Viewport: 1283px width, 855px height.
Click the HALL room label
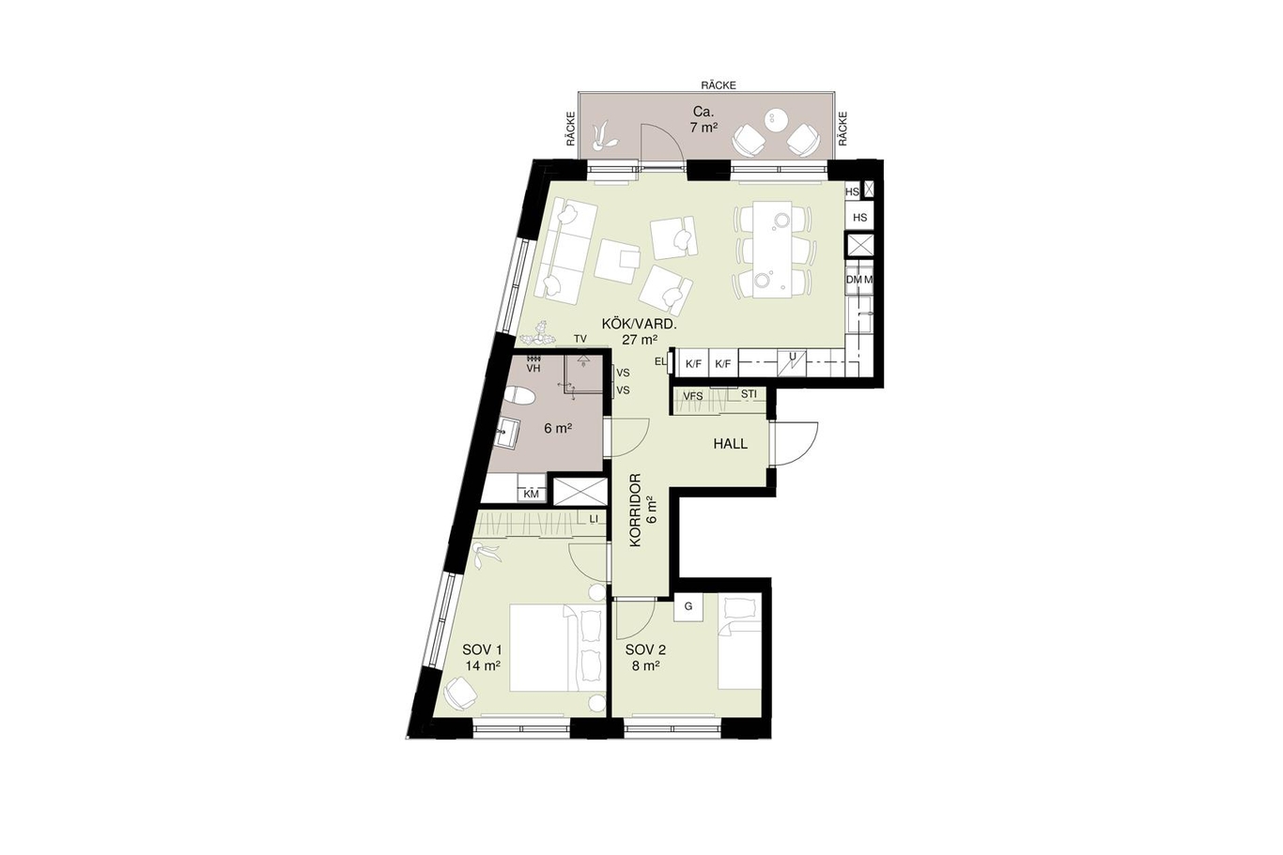coord(731,444)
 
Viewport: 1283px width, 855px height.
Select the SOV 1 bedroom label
coord(482,650)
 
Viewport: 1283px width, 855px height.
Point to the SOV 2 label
coord(645,650)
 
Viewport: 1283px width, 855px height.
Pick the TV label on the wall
coord(580,339)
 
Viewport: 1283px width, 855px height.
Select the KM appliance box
coord(531,494)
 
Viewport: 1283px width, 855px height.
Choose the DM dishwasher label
coord(854,280)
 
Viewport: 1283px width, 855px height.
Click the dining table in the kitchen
coord(773,249)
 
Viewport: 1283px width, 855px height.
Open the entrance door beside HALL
coord(796,444)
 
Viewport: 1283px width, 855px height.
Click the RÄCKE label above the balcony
coord(719,85)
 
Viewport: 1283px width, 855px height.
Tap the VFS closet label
coord(693,395)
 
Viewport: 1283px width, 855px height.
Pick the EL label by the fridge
coord(660,361)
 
